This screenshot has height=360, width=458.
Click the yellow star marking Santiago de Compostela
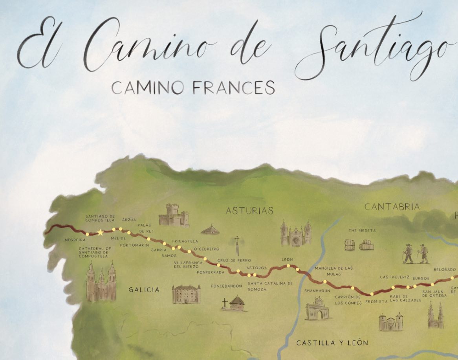click(101, 233)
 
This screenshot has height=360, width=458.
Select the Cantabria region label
click(392, 207)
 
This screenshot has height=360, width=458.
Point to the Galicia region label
click(144, 290)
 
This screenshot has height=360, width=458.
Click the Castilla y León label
click(332, 343)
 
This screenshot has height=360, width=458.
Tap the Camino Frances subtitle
click(193, 88)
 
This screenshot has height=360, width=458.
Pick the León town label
click(288, 260)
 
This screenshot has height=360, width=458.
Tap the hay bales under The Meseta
click(359, 244)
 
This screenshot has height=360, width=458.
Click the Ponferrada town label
click(211, 272)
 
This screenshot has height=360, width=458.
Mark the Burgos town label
click(421, 278)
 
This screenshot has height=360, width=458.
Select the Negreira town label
click(75, 239)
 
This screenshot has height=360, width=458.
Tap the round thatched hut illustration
click(210, 230)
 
